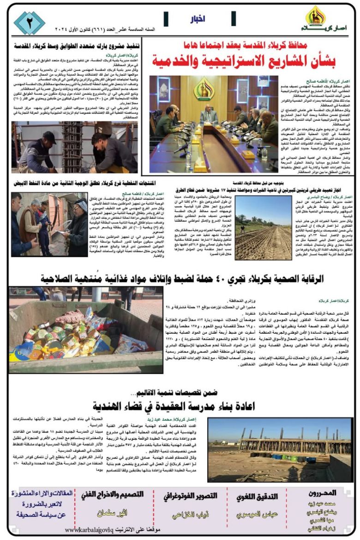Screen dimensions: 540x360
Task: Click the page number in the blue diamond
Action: point(29,23)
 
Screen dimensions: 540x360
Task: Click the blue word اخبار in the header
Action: point(198,19)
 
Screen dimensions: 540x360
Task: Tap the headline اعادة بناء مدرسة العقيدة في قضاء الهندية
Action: point(180,406)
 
